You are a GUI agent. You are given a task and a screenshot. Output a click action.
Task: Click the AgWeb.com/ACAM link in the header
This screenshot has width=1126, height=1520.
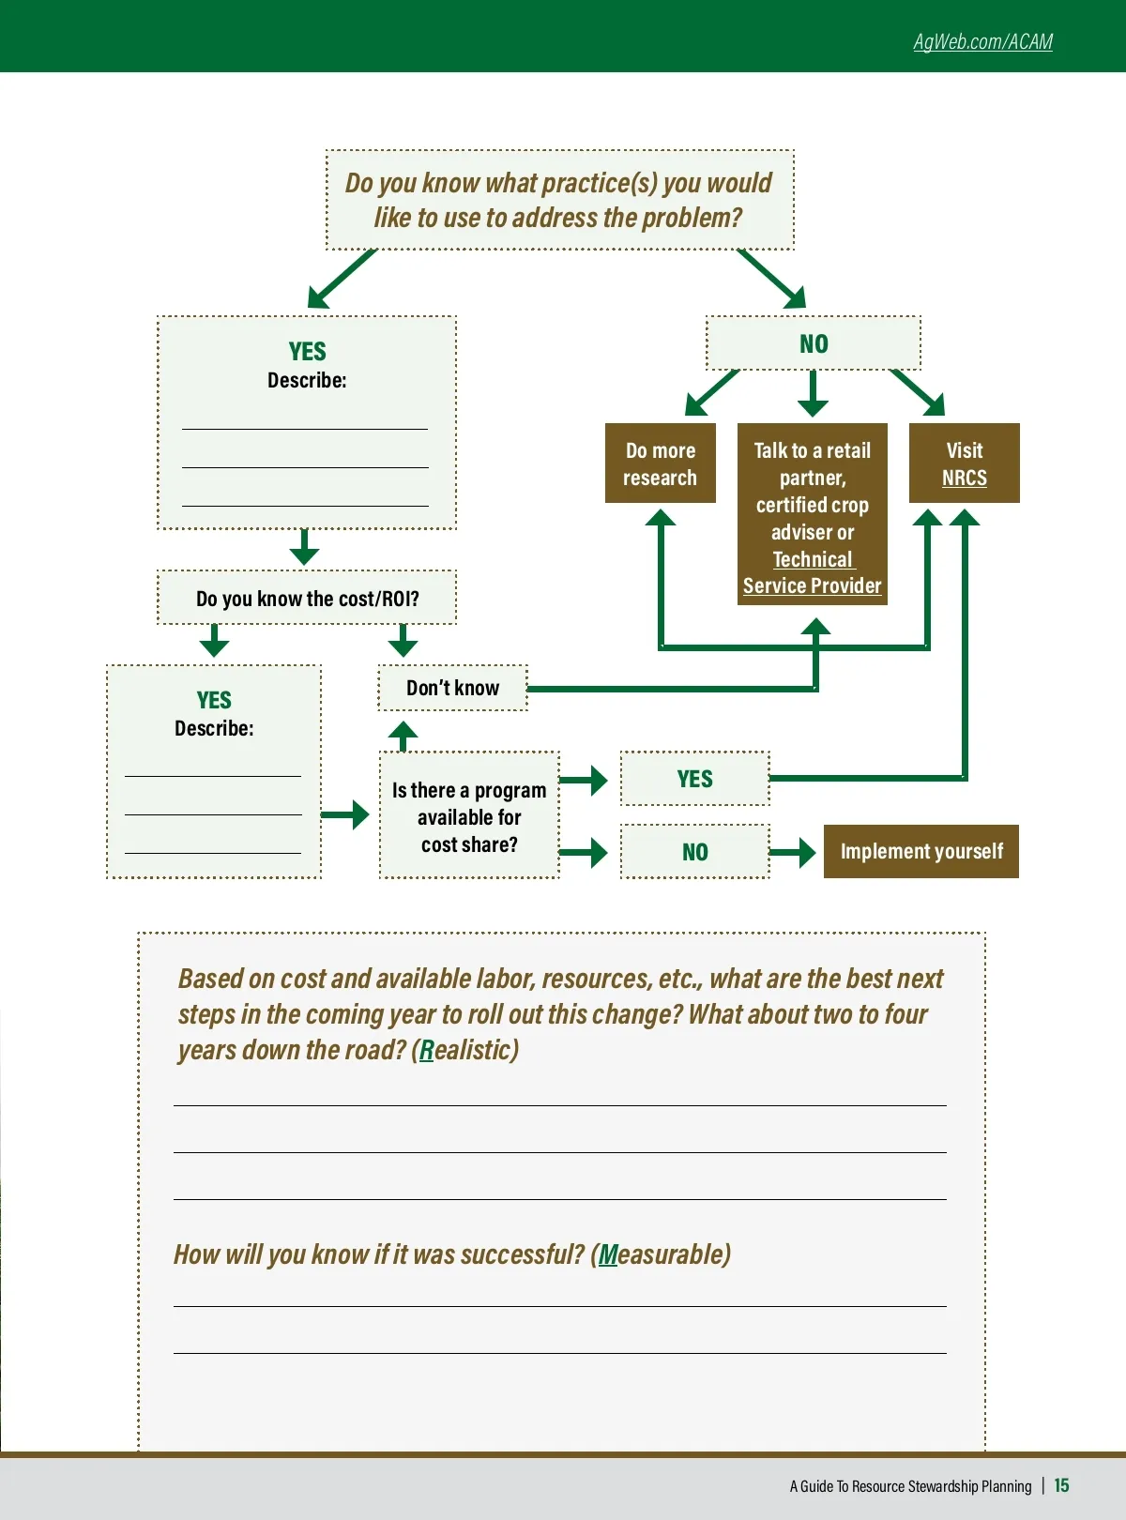[982, 42]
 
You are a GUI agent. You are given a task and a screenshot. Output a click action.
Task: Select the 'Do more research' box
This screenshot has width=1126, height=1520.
[661, 464]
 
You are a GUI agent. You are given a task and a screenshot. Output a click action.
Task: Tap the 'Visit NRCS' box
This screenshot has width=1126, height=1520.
[964, 464]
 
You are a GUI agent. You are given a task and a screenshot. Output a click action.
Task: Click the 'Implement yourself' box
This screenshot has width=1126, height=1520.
[921, 852]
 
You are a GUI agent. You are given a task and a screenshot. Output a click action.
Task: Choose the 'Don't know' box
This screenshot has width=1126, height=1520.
[452, 688]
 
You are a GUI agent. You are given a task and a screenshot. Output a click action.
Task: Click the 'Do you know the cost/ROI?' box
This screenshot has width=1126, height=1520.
[307, 599]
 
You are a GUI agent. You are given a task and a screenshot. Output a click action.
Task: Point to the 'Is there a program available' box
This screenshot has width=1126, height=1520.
[469, 816]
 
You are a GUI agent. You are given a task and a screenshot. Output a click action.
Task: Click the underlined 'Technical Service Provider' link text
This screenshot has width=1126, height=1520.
[813, 573]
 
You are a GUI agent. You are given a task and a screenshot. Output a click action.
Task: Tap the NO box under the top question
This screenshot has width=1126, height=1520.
[814, 344]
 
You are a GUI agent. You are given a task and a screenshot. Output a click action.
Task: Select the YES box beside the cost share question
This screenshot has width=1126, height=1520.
[694, 779]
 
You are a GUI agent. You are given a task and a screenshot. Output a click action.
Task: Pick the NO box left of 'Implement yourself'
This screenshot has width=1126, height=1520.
[694, 852]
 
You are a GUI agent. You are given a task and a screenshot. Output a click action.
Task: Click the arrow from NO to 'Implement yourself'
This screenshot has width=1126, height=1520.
[794, 852]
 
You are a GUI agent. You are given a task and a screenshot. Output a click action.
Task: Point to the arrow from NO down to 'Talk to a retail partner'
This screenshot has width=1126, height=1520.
[813, 393]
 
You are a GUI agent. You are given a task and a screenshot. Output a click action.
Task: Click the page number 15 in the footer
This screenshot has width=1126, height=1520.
[1061, 1485]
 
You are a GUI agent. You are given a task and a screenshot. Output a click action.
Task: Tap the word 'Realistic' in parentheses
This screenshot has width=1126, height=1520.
[465, 1050]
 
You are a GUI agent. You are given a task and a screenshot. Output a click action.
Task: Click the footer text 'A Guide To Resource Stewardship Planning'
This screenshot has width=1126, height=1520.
[910, 1486]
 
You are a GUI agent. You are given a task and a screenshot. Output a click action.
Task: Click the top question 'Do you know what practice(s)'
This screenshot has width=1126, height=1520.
[559, 200]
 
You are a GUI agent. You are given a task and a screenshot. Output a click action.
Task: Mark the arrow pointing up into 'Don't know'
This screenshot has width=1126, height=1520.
[403, 735]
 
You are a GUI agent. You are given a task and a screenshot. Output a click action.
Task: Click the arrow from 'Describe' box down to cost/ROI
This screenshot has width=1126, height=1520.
[304, 547]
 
